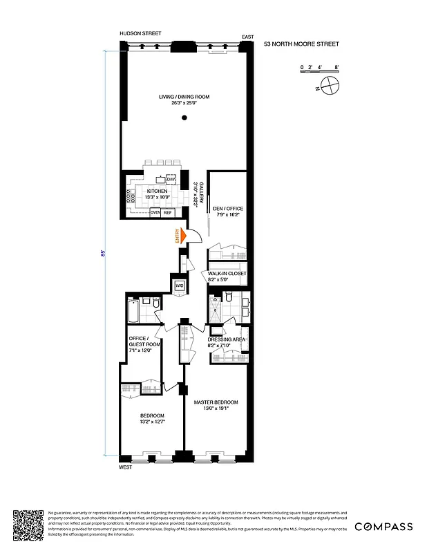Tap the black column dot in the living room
[x=184, y=118]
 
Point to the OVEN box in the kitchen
[x=155, y=213]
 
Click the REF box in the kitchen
[x=168, y=213]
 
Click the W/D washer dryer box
[x=179, y=285]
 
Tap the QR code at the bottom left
[x=28, y=526]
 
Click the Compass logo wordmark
[x=383, y=527]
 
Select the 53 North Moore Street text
[x=301, y=44]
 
